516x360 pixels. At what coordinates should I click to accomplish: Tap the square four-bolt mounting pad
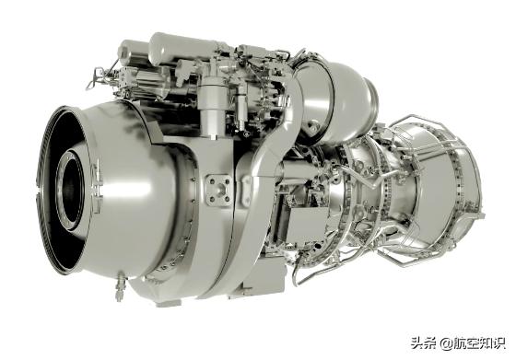(218, 191)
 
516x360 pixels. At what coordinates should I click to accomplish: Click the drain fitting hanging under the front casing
(120, 285)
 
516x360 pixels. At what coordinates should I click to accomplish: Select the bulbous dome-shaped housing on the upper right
(339, 99)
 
